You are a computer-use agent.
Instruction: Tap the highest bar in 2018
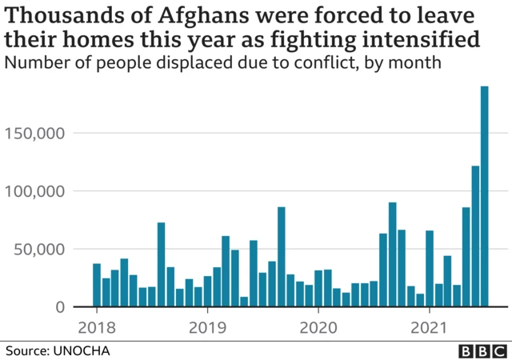[x=161, y=265]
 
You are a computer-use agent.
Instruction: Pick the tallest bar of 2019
[x=281, y=257]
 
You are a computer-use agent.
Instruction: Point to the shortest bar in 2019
[x=244, y=302]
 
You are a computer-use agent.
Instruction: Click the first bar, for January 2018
[x=97, y=286]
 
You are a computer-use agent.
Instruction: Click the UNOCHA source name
[x=82, y=350]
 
